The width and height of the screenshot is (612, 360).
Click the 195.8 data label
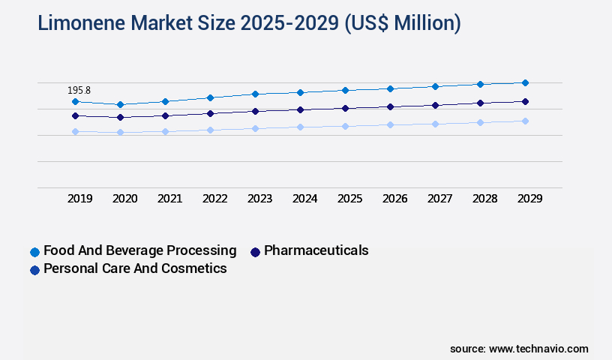[79, 90]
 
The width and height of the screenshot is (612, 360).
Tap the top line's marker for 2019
[75, 101]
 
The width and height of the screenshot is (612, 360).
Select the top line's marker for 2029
[525, 82]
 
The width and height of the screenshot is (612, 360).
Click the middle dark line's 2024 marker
[300, 109]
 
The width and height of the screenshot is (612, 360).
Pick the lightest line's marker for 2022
[210, 130]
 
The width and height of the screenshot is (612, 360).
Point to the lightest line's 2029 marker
[525, 121]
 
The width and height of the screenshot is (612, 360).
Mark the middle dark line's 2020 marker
[120, 117]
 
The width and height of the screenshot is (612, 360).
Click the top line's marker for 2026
[390, 88]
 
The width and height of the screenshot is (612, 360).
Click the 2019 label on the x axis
[79, 199]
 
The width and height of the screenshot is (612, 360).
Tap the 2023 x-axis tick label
[259, 199]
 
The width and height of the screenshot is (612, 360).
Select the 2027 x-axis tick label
[439, 199]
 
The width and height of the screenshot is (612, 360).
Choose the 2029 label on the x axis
[529, 199]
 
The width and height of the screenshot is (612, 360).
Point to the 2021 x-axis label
[169, 199]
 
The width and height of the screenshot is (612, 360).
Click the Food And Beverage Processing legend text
[139, 250]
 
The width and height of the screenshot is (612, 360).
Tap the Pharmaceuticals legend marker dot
[255, 252]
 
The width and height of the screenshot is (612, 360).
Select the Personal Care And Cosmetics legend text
[135, 268]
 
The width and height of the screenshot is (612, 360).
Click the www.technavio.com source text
[538, 349]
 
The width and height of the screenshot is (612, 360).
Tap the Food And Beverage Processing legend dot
[34, 252]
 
